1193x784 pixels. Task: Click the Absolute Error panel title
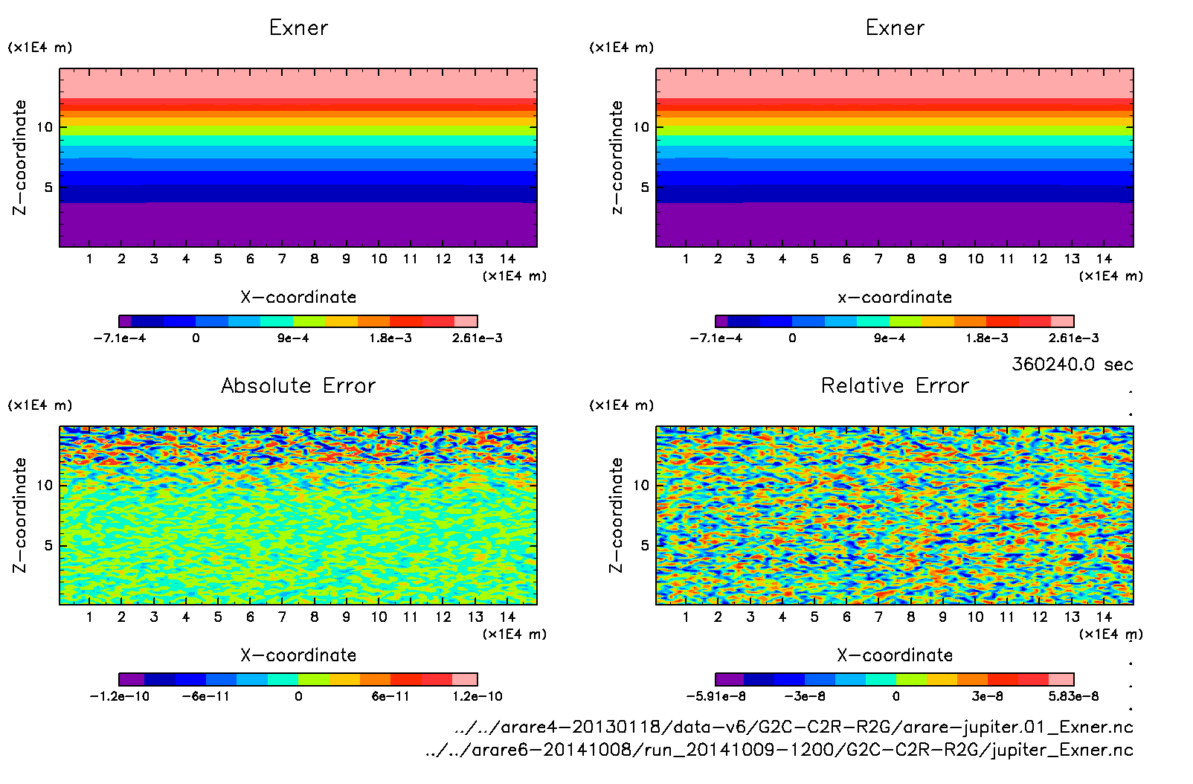click(x=298, y=385)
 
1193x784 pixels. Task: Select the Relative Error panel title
click(x=895, y=385)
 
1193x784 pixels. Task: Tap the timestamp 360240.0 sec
click(x=1072, y=364)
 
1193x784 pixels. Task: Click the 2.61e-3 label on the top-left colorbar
click(x=477, y=338)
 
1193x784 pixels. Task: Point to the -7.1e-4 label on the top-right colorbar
click(x=716, y=338)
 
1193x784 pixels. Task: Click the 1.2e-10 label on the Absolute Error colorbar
click(x=477, y=697)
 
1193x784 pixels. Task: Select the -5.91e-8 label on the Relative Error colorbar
click(x=716, y=697)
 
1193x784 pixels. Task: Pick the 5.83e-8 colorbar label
click(x=1073, y=697)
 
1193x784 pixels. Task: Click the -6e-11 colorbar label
click(x=206, y=697)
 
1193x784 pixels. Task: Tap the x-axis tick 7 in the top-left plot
click(x=282, y=259)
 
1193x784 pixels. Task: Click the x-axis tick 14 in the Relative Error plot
click(x=1104, y=617)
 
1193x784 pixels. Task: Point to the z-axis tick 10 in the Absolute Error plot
click(x=45, y=486)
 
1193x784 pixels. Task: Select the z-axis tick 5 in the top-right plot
click(x=645, y=187)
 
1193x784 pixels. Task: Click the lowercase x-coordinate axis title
click(x=895, y=298)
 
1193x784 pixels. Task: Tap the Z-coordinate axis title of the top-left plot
click(x=20, y=158)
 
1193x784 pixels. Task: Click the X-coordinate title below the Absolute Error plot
click(x=298, y=655)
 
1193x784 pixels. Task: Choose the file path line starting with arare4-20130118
click(x=794, y=727)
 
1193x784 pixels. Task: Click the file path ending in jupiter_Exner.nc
click(x=779, y=750)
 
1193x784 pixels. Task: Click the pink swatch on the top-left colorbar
click(x=466, y=321)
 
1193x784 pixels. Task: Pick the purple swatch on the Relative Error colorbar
click(x=729, y=679)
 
